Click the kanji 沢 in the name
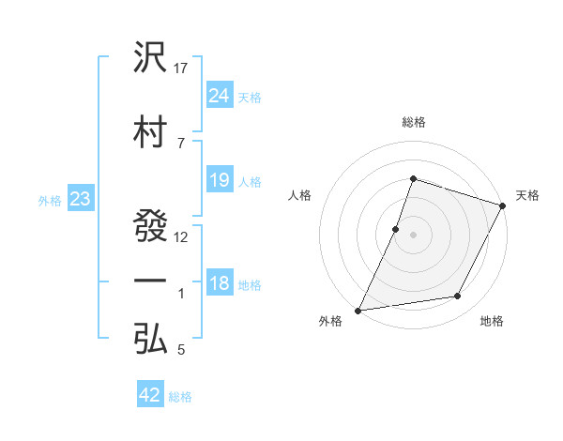click(151, 59)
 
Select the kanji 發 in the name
click(151, 226)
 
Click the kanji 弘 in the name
click(151, 340)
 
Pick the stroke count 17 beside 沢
click(182, 68)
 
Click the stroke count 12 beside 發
click(182, 236)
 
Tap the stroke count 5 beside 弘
click(181, 350)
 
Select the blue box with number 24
click(220, 95)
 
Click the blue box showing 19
click(220, 180)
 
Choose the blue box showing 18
click(220, 283)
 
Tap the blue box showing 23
click(80, 198)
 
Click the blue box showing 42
click(150, 395)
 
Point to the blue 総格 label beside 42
click(180, 397)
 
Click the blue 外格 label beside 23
click(50, 200)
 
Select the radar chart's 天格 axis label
click(527, 195)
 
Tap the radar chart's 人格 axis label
click(299, 195)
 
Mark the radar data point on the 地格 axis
click(458, 297)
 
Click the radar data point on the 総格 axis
click(413, 178)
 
